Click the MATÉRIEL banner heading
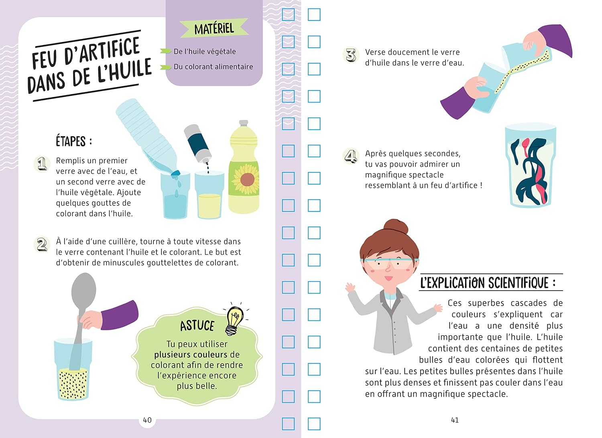[x=214, y=28]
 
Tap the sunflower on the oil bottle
[x=246, y=179]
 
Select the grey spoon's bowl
[x=83, y=289]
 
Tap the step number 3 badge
[x=351, y=55]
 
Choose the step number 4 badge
[x=351, y=156]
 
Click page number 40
[x=147, y=420]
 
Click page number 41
[x=455, y=420]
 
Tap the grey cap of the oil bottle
[x=244, y=123]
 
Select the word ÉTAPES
[x=71, y=141]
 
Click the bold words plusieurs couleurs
[x=191, y=355]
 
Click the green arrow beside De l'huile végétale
[x=165, y=51]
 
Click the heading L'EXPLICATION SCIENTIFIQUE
[x=488, y=283]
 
